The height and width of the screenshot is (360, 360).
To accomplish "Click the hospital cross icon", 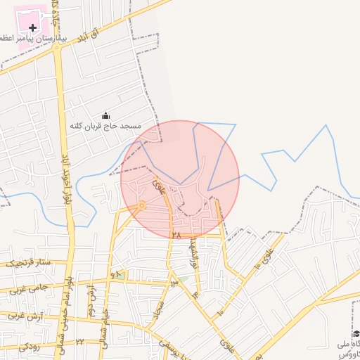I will click(x=32, y=27).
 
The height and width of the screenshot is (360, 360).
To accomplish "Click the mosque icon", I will click(x=106, y=115).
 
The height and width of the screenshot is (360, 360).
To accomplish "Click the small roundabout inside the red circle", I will click(x=142, y=205).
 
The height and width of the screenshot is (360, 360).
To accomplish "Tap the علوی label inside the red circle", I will click(x=159, y=186).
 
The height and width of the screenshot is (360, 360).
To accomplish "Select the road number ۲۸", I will click(x=176, y=236).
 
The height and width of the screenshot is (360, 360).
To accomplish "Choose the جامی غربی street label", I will click(x=28, y=289).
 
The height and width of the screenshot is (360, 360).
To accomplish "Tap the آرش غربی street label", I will click(x=24, y=316).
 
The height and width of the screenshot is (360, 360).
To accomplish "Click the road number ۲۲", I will click(x=80, y=342).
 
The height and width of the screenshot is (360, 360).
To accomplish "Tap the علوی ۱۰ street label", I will click(x=262, y=261).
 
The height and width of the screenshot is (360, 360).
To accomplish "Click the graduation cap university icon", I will click(x=356, y=333).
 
